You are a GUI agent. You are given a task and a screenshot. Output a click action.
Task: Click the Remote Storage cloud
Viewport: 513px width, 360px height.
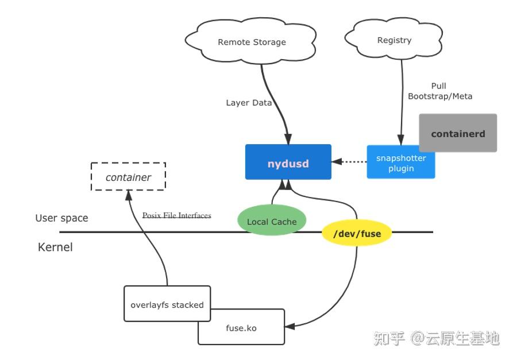[x=252, y=42]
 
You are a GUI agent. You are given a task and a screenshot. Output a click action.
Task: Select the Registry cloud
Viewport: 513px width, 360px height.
[x=394, y=40]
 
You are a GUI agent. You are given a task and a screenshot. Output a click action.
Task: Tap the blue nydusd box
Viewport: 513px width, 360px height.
[x=288, y=162]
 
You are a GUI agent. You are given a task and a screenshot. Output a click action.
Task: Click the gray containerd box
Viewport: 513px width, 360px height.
[x=457, y=133]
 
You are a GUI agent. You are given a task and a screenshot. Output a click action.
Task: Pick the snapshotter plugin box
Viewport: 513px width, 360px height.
[x=400, y=163]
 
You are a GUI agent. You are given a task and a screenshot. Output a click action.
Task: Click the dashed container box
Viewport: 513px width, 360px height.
[x=128, y=177]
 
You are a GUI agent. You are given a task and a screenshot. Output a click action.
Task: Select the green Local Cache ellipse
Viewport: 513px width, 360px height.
[x=271, y=221]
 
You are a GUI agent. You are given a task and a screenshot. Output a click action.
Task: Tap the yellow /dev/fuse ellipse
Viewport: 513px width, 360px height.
[x=357, y=234]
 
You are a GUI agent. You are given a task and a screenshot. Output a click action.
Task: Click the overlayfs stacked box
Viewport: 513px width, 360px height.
[x=167, y=304]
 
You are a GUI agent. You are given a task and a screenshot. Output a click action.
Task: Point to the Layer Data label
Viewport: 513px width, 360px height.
[x=248, y=103]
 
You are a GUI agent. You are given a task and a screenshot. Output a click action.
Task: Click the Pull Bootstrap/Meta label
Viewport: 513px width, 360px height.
[x=439, y=91]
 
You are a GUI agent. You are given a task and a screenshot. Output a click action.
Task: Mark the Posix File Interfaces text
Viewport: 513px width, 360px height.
[x=176, y=215]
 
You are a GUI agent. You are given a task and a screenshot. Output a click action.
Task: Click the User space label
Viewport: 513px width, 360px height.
[x=61, y=218]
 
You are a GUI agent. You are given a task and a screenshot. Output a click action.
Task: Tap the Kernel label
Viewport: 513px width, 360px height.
[x=55, y=247]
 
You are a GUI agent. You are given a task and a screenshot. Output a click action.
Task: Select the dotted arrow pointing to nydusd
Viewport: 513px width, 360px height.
[x=349, y=162]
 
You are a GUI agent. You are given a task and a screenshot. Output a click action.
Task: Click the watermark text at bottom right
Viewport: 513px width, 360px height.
[x=437, y=338]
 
